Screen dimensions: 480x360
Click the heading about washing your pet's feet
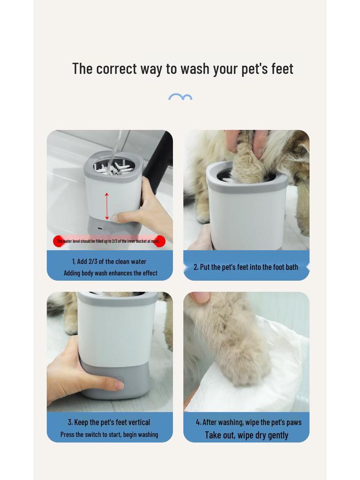(x=182, y=68)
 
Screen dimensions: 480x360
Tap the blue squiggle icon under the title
(x=180, y=97)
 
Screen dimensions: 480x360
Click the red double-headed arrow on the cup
(x=107, y=206)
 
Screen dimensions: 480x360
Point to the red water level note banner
(x=109, y=241)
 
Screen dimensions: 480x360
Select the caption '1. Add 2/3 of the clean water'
(x=109, y=262)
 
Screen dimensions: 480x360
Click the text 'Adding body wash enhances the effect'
(x=110, y=273)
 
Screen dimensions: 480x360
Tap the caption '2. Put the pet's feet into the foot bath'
(x=246, y=267)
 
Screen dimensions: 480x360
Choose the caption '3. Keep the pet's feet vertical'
(x=109, y=422)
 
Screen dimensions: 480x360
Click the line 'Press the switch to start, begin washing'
(x=109, y=435)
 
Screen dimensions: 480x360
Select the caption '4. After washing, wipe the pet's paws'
(x=248, y=422)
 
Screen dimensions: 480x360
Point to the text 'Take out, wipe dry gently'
(x=247, y=435)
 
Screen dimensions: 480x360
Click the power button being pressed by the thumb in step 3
(x=119, y=381)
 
